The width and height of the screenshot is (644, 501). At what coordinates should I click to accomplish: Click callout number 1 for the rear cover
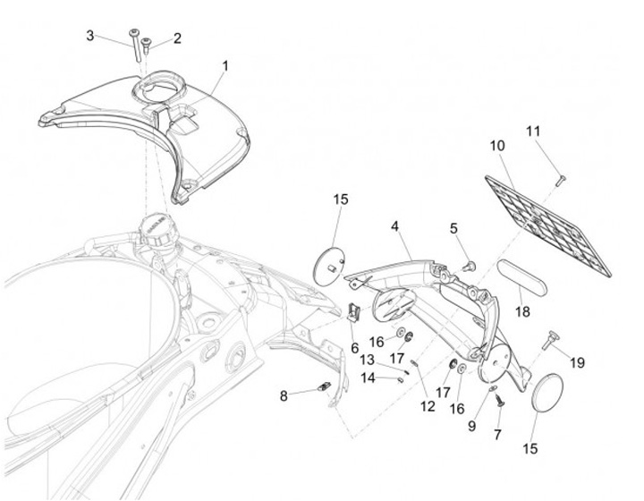point(225,66)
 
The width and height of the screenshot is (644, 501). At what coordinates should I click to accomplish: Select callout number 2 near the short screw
point(177,38)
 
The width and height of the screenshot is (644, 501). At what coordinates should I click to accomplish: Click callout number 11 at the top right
point(534,132)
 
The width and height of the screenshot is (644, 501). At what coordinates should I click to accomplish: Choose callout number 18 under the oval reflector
point(522,312)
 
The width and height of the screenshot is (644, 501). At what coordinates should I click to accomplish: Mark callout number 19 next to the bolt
point(577,363)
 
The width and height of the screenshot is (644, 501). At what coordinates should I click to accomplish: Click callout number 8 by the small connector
point(284,395)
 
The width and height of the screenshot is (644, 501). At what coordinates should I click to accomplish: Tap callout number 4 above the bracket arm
point(394,227)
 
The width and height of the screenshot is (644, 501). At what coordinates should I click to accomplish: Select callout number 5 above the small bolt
point(453,228)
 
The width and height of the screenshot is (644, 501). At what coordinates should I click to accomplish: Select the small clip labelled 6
point(354,312)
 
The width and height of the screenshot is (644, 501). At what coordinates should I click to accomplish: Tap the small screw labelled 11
point(558,181)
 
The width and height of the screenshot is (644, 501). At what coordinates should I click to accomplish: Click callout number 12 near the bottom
point(428,406)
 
